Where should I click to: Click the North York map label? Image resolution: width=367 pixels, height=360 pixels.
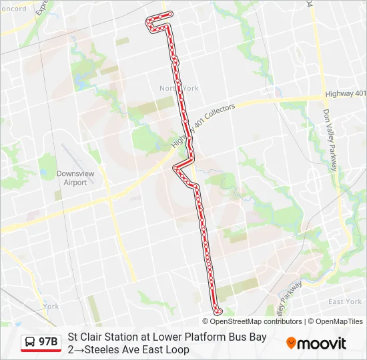[x=179, y=88]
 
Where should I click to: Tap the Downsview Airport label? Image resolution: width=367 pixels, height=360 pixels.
[x=71, y=178]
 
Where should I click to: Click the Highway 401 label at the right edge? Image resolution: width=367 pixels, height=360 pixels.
[x=345, y=93]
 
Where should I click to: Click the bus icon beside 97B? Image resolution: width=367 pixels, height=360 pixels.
[x=30, y=342]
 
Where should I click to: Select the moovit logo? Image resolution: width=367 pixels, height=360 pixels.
[x=316, y=343]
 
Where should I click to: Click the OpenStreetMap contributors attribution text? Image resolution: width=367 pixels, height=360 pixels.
[x=256, y=321]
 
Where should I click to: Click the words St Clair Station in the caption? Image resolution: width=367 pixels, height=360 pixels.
[x=101, y=337]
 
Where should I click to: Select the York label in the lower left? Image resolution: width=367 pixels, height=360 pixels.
[x=51, y=307]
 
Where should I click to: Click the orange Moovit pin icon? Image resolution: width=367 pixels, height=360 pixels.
[x=291, y=343]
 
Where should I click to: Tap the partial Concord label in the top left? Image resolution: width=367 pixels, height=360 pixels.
[x=13, y=9]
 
